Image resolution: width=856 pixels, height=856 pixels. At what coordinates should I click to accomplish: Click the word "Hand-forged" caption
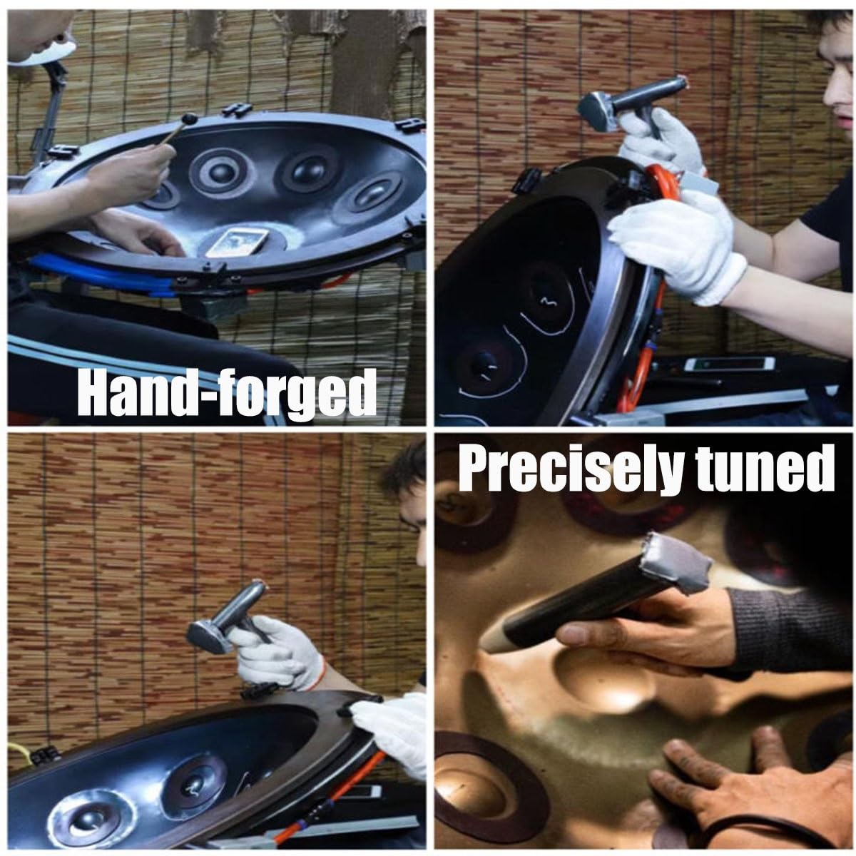[x=227, y=394]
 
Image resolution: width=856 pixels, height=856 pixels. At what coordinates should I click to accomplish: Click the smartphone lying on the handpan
[x=238, y=242]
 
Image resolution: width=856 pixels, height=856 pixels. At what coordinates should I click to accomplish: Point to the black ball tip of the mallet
[x=190, y=118]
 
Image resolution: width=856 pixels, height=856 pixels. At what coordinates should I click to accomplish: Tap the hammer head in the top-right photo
[x=598, y=112]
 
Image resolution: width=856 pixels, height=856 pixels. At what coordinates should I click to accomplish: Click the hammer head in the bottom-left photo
[x=208, y=636]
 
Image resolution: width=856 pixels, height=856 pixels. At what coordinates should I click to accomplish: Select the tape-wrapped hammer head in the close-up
[x=676, y=561]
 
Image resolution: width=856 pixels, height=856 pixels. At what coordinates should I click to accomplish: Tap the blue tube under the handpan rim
[x=102, y=275]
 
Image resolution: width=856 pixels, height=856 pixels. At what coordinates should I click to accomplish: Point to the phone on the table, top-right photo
[x=729, y=364]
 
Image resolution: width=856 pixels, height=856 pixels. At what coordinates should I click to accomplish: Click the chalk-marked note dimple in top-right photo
[x=546, y=297]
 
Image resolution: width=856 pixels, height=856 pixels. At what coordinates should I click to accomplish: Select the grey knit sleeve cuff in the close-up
[x=786, y=630]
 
